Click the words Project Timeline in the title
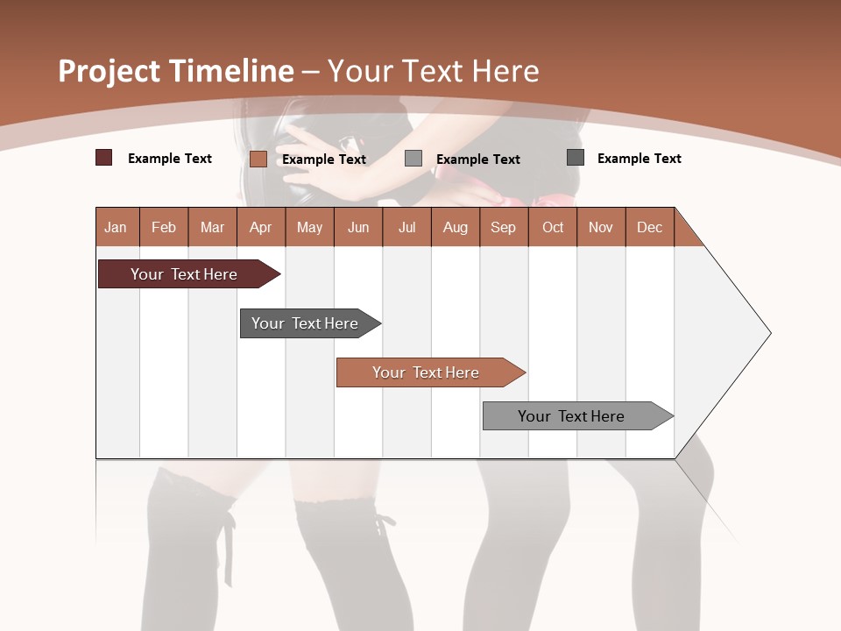[175, 71]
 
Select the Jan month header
[116, 227]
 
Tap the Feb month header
[164, 227]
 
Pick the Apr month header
[260, 227]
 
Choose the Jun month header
[358, 227]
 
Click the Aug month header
[456, 227]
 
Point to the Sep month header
[504, 227]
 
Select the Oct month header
[553, 227]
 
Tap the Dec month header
[649, 227]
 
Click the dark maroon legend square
[104, 158]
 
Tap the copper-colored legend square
[258, 159]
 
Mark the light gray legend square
[413, 159]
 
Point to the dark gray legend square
[576, 158]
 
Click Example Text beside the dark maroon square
[170, 159]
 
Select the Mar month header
[212, 227]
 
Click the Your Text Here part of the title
[434, 71]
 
